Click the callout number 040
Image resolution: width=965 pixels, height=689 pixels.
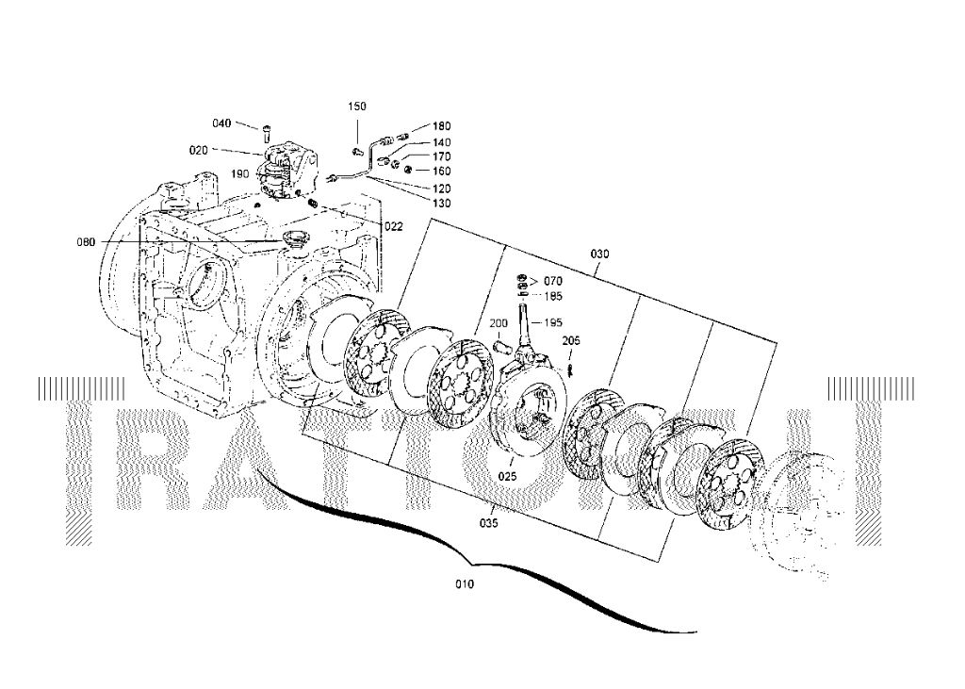point(221,123)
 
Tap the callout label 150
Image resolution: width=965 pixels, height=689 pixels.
point(357,107)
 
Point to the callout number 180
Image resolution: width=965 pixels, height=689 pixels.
point(441,126)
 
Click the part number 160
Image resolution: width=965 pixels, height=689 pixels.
point(441,172)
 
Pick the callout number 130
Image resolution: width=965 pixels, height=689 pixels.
point(441,203)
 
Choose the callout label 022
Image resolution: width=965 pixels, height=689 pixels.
point(393,225)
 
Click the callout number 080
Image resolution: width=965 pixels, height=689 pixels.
point(86,242)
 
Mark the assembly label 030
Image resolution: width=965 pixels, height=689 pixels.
point(599,254)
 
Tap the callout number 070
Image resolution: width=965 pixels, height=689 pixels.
point(552,281)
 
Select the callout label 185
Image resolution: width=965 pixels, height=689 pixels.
point(552,296)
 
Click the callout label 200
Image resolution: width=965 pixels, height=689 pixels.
point(498,323)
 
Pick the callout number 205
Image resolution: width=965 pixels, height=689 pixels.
point(571,340)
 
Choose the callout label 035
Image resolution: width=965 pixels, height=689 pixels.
point(488,521)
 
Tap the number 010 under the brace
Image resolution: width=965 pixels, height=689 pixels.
point(465,584)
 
